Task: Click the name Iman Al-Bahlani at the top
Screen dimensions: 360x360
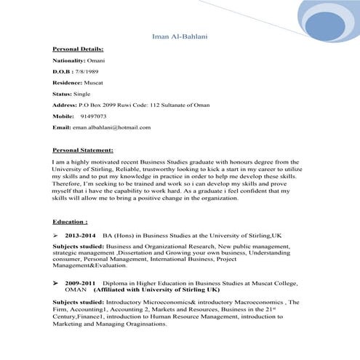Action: pos(179,36)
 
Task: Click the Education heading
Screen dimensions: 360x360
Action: pos(70,220)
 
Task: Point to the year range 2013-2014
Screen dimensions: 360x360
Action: pos(80,236)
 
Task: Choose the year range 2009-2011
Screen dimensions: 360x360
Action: pos(80,281)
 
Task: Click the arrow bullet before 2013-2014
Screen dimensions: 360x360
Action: pos(56,236)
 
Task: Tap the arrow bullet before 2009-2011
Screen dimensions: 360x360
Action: pos(56,281)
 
